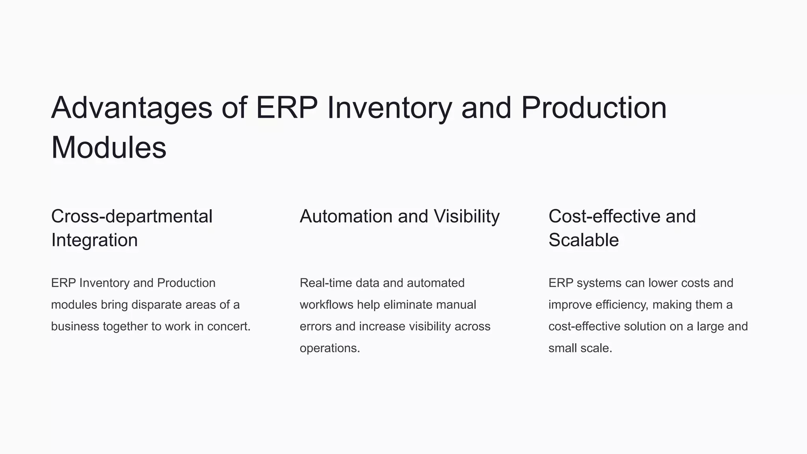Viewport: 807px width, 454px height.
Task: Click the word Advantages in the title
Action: [x=132, y=108]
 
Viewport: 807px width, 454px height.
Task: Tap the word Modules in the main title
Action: [x=109, y=148]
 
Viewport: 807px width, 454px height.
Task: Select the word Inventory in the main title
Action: [x=390, y=108]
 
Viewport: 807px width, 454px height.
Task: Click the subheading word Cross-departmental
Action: [x=132, y=216]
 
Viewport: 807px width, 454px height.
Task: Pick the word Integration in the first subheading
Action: [x=95, y=240]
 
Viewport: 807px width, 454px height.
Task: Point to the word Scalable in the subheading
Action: [x=584, y=240]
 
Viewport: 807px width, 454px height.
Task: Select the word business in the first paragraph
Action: [x=75, y=326]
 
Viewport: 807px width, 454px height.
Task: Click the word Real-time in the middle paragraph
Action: [x=325, y=283]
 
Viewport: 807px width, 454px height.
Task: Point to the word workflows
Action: [x=326, y=305]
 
